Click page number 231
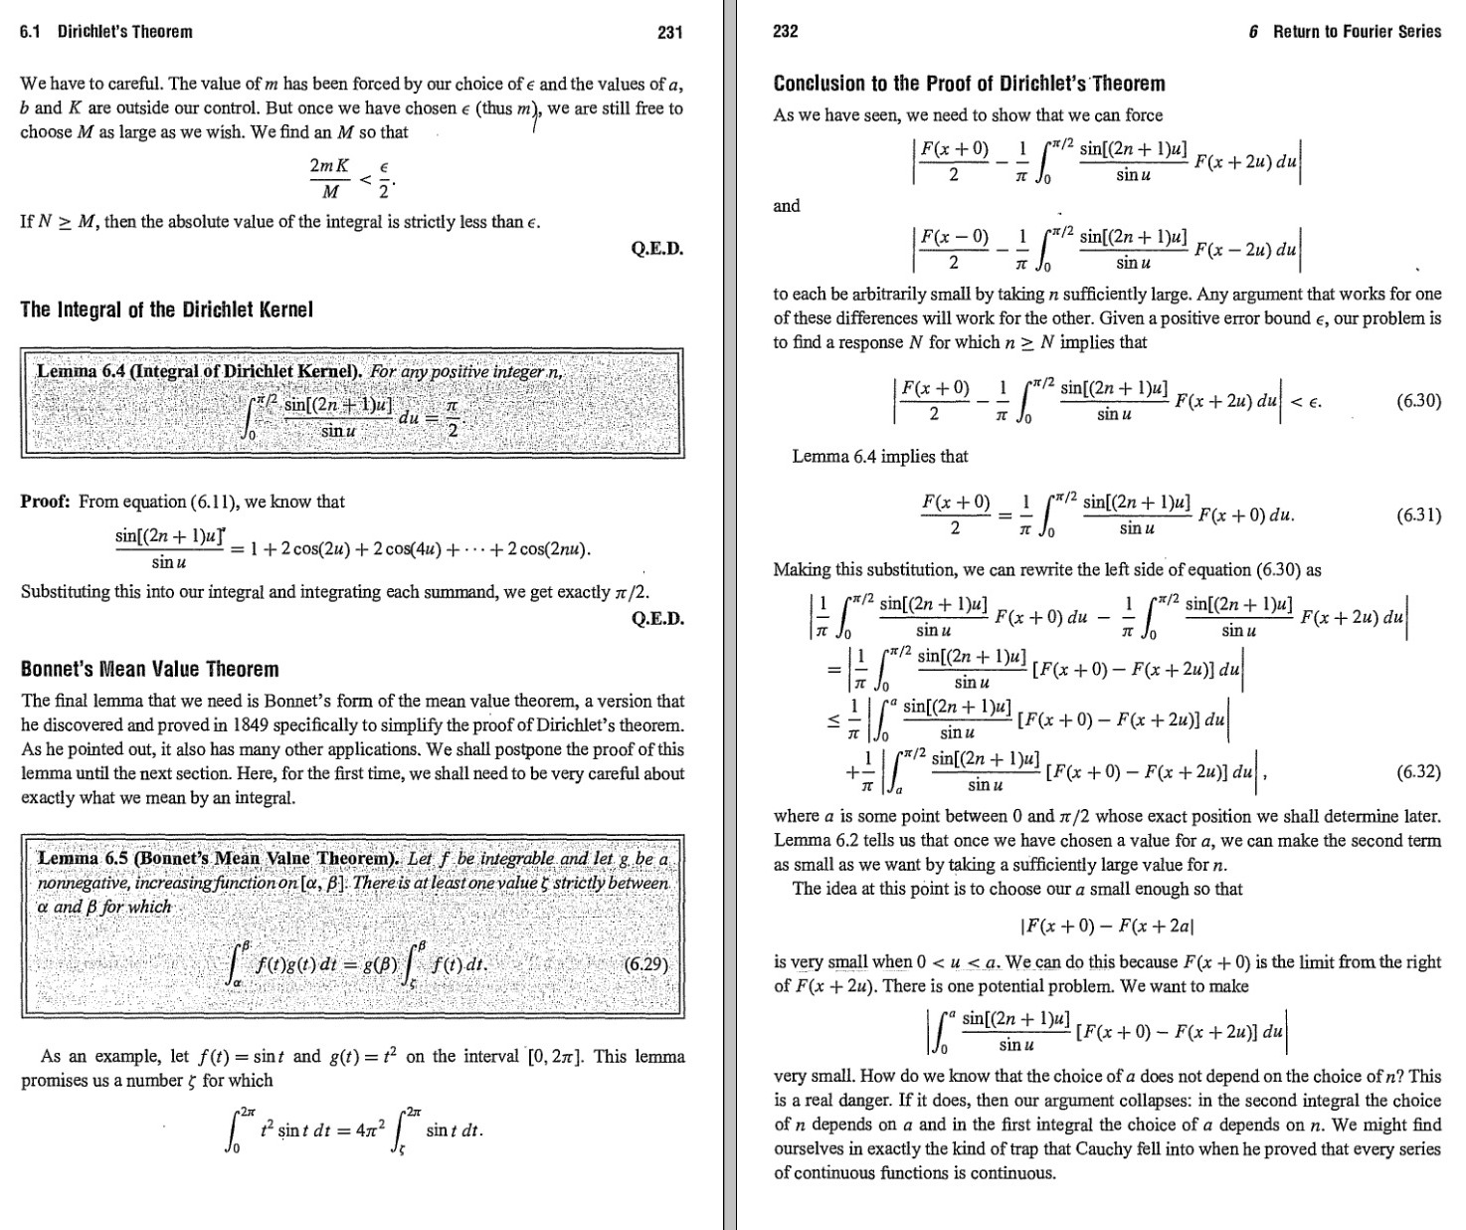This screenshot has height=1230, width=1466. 670,32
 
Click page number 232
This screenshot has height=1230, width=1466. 786,32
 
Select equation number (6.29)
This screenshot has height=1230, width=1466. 646,964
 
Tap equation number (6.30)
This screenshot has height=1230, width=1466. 1418,402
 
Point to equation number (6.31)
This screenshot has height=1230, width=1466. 1418,515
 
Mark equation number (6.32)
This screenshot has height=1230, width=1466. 1418,771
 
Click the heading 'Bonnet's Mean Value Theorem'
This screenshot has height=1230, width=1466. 150,670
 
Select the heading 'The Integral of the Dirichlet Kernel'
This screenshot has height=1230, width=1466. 167,309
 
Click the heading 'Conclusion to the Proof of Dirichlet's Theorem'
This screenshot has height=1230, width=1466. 970,84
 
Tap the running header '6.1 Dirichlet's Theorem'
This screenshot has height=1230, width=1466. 106,32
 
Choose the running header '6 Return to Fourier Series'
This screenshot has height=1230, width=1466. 1346,32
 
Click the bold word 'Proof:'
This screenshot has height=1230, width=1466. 45,502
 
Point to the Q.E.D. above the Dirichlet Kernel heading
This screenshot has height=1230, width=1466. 657,249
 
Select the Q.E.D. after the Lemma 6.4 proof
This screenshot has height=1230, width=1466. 657,619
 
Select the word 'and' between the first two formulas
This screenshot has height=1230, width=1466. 787,206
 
